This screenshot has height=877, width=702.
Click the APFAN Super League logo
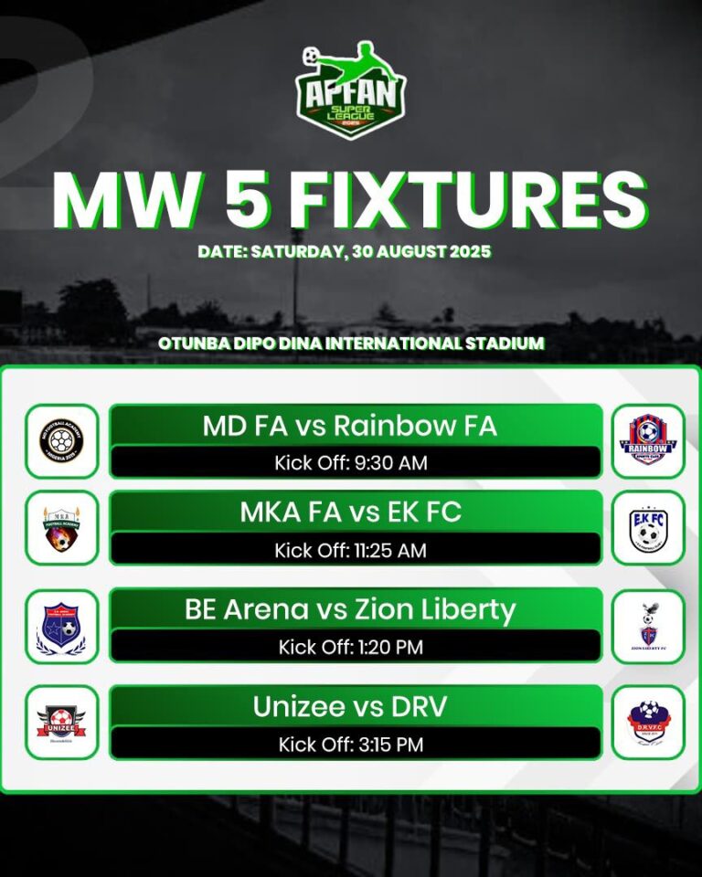351,90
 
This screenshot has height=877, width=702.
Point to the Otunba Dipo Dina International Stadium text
351,343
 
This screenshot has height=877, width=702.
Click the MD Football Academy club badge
61,441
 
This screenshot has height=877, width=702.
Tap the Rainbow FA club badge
648,441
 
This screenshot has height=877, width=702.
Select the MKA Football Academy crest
61,528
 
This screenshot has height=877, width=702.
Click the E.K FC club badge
648,528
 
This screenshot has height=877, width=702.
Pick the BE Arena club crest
61,626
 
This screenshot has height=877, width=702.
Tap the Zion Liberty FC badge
648,626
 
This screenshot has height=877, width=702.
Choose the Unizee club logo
61,723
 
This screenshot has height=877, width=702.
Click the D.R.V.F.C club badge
648,723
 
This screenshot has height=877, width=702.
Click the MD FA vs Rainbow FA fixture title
350,426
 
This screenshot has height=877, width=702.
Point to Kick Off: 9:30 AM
351,463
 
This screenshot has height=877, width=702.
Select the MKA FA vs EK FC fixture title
351,512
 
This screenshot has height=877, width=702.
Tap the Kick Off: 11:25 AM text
351,551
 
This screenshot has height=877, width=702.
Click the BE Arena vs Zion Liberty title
351,609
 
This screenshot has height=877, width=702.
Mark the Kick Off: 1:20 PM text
351,648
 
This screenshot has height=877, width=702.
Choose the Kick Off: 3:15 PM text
351,745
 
